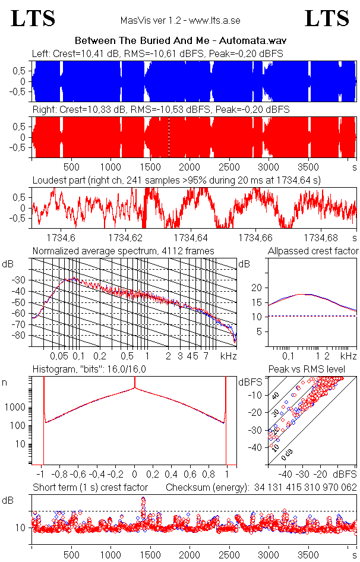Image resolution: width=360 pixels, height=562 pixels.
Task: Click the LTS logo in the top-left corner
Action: click(x=33, y=18)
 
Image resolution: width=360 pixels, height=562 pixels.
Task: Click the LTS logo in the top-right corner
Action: click(x=327, y=18)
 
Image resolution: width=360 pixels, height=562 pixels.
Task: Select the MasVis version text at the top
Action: click(x=180, y=21)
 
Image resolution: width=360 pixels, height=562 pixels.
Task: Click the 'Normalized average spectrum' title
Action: click(x=123, y=251)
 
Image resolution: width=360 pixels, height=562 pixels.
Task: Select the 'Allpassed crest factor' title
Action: click(x=313, y=251)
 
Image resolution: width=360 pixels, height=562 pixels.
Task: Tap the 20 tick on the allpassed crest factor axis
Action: click(x=257, y=288)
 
